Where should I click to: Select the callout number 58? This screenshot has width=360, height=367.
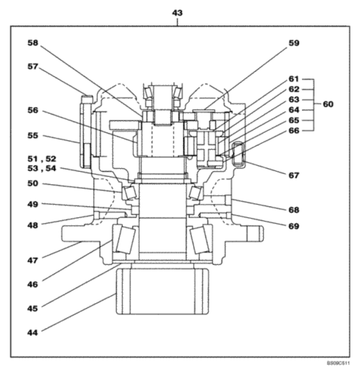coord(33,43)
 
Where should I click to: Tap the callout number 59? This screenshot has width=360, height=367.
coord(294,43)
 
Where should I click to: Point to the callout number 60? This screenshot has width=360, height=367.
coord(328,104)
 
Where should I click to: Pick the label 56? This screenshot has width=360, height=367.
coord(33,110)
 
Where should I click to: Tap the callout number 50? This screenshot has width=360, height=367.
coord(33,184)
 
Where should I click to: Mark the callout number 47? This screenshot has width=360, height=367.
coord(33,260)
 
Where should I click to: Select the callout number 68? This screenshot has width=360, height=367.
coord(294,209)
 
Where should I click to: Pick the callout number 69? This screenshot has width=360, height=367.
coord(294,226)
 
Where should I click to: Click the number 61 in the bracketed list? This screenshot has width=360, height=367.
coord(294,78)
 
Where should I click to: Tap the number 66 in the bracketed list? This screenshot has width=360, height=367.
coord(294,130)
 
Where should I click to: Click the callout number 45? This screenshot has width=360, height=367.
coord(33,308)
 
